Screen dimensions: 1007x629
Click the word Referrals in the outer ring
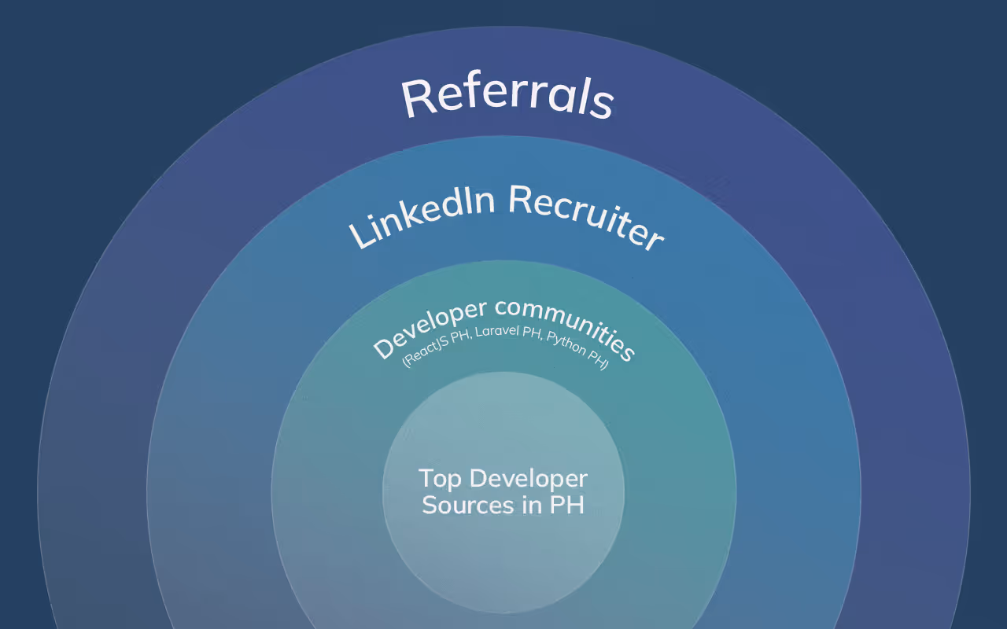507,97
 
